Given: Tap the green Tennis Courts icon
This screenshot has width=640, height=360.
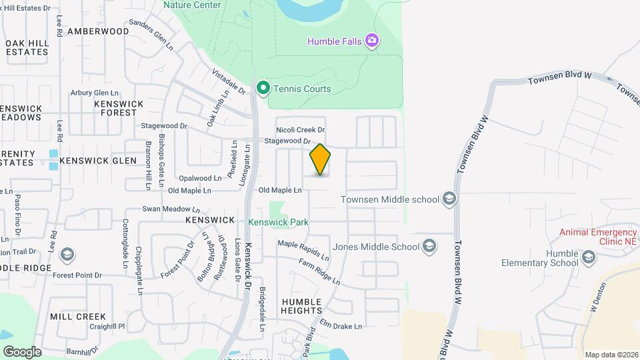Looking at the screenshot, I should tap(263, 88).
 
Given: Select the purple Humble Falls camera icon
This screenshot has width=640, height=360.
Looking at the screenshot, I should tap(372, 41).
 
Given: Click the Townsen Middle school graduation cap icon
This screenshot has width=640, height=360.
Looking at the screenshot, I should tap(449, 199).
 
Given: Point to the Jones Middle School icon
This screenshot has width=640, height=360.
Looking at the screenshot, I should tap(429, 247).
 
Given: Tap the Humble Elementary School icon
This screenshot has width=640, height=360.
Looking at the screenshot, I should tap(588, 257).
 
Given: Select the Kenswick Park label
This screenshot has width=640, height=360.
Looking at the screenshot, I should tap(278, 221).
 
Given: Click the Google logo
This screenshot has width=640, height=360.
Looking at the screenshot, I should tap(22, 351).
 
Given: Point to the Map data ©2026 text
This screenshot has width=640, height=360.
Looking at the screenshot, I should tap(611, 355).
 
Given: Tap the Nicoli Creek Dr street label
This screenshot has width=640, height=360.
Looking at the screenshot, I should tap(300, 130).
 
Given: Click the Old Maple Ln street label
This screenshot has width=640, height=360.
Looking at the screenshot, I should tap(280, 191).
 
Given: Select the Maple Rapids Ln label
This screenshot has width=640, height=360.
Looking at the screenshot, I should tap(303, 250).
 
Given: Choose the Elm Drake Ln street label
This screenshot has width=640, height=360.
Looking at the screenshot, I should tap(340, 326).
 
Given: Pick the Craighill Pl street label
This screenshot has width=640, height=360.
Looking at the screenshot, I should tap(107, 327).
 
